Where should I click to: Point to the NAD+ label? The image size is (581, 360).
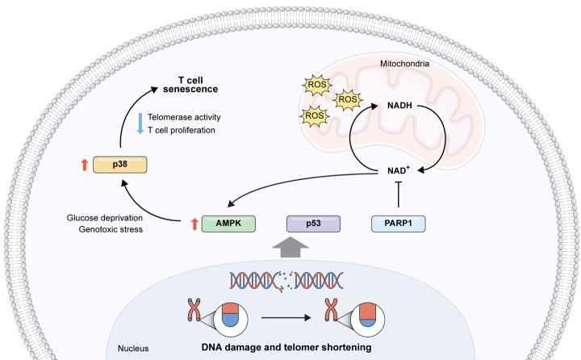[399, 169]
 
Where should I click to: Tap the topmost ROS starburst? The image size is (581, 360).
[313, 83]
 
